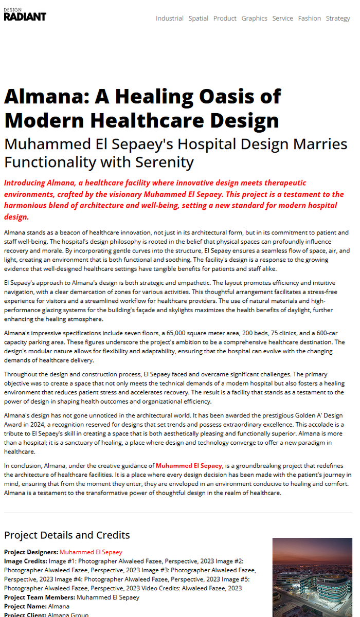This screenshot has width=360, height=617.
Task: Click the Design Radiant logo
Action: (25, 15)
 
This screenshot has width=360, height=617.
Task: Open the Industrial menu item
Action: (169, 18)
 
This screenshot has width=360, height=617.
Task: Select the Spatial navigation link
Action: (198, 18)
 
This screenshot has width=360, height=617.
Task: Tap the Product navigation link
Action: (225, 18)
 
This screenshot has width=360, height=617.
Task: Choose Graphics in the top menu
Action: (254, 18)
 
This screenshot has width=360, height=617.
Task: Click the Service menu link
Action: (282, 18)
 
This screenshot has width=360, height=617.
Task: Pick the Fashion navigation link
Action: (309, 18)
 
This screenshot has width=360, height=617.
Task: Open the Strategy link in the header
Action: (337, 18)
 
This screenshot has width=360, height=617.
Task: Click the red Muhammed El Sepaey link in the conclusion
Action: (189, 466)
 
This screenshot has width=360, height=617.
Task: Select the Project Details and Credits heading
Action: (67, 535)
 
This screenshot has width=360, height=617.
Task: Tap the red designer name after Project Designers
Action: (91, 552)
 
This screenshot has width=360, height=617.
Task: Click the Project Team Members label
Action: (40, 597)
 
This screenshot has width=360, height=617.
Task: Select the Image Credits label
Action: (25, 561)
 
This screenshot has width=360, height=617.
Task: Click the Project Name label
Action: (25, 607)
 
